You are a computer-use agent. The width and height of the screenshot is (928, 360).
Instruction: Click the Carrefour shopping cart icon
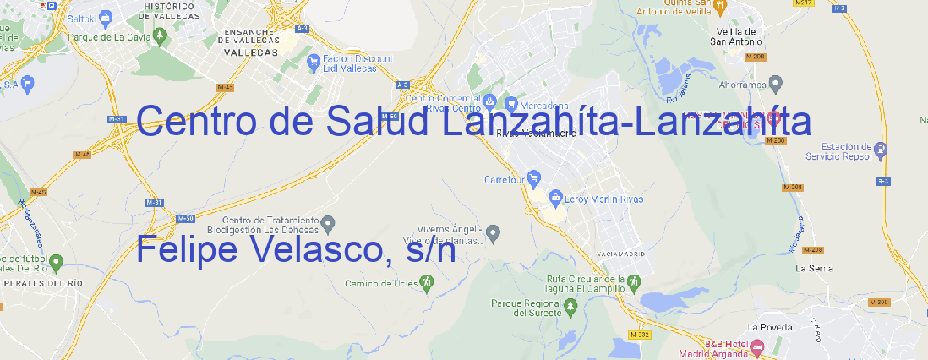[x=535, y=178]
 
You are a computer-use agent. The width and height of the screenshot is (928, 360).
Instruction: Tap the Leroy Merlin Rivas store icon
[x=555, y=198]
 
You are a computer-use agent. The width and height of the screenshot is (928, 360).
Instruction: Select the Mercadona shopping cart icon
[x=511, y=105]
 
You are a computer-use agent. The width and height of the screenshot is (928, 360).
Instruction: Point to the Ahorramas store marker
[x=776, y=83]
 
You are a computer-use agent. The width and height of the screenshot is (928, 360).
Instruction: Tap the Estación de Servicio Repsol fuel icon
[x=881, y=151]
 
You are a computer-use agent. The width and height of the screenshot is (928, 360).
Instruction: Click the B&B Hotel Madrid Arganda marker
[x=757, y=346]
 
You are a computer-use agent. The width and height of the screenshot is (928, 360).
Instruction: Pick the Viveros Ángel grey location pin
[x=494, y=232]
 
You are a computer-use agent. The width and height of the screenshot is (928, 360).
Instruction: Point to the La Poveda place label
[x=770, y=327]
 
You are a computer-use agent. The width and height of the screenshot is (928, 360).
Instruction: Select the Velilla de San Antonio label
[x=734, y=36]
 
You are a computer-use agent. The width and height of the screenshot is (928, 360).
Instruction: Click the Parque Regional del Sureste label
[x=526, y=307]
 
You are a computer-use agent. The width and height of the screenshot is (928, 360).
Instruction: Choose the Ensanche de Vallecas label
[x=250, y=39]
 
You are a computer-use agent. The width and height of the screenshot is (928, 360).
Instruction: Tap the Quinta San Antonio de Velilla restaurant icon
[x=719, y=8]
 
